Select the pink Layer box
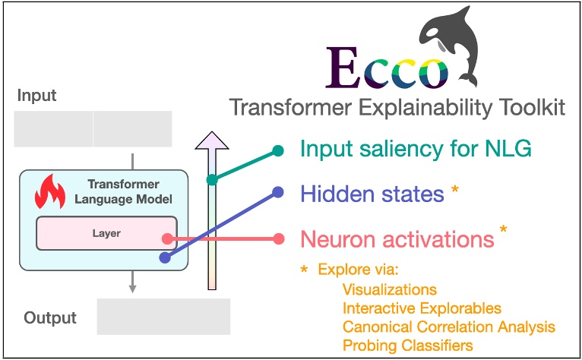pos(106,233)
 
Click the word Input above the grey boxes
pos(36,96)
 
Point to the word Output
pos(50,317)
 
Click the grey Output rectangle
pos(163,317)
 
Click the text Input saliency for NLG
pos(416,149)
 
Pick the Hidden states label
pos(372,194)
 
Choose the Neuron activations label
pos(397,239)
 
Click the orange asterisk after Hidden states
pos(454,190)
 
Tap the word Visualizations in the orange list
pos(389,289)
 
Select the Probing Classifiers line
pos(407,346)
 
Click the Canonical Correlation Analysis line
pos(449,327)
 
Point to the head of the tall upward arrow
pos(212,141)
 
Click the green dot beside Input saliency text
pos(278,150)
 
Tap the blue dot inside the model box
pos(165,257)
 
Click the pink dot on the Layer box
pos(168,239)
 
